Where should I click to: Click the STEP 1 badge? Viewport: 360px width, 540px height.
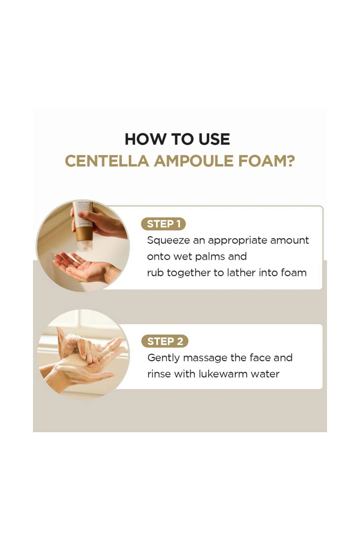coord(163,224)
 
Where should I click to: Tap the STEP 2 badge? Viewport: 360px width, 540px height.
coord(165,341)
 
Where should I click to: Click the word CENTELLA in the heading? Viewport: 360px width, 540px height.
coord(107,161)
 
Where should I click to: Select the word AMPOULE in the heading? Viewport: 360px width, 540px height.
coord(194,161)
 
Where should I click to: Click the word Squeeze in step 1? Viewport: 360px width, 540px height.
coord(168,241)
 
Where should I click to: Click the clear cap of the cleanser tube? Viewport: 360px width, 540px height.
coord(85,245)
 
